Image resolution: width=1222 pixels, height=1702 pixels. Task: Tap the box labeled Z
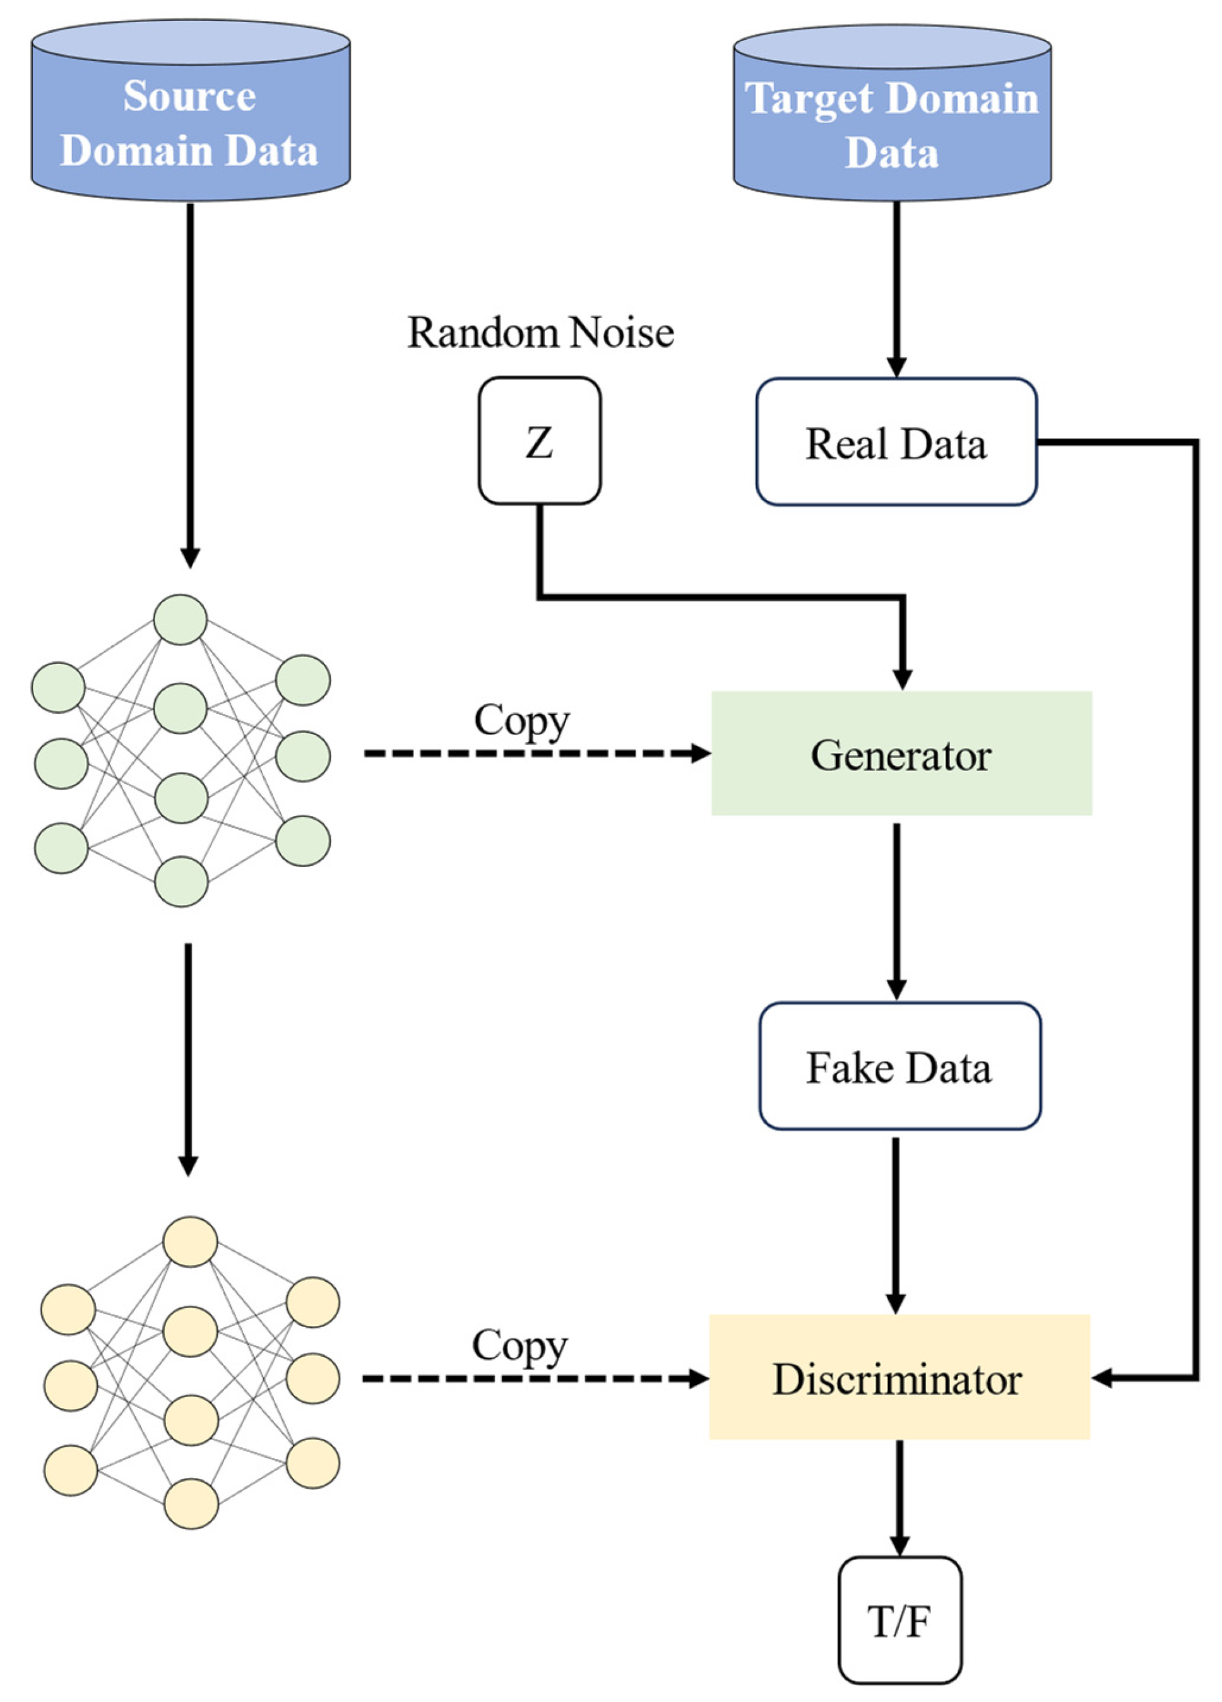(x=539, y=440)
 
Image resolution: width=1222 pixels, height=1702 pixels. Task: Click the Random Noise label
(x=540, y=333)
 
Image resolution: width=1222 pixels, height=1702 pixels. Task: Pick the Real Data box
(x=896, y=442)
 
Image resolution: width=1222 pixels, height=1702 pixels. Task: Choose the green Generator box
(x=901, y=753)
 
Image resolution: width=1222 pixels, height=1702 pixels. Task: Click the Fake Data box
(x=899, y=1067)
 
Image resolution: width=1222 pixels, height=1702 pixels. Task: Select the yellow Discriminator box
(x=898, y=1378)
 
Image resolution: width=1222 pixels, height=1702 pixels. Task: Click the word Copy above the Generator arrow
(x=521, y=721)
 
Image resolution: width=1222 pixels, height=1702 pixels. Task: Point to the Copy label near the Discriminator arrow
(x=519, y=1345)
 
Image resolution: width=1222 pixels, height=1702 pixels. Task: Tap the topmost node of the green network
(x=180, y=620)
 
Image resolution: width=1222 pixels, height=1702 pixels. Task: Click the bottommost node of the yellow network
(x=191, y=1503)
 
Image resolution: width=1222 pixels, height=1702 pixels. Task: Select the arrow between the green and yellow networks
(x=188, y=1058)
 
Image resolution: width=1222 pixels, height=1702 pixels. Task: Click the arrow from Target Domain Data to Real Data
(x=896, y=289)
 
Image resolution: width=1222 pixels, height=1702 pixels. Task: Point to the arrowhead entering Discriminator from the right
(x=1102, y=1378)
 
